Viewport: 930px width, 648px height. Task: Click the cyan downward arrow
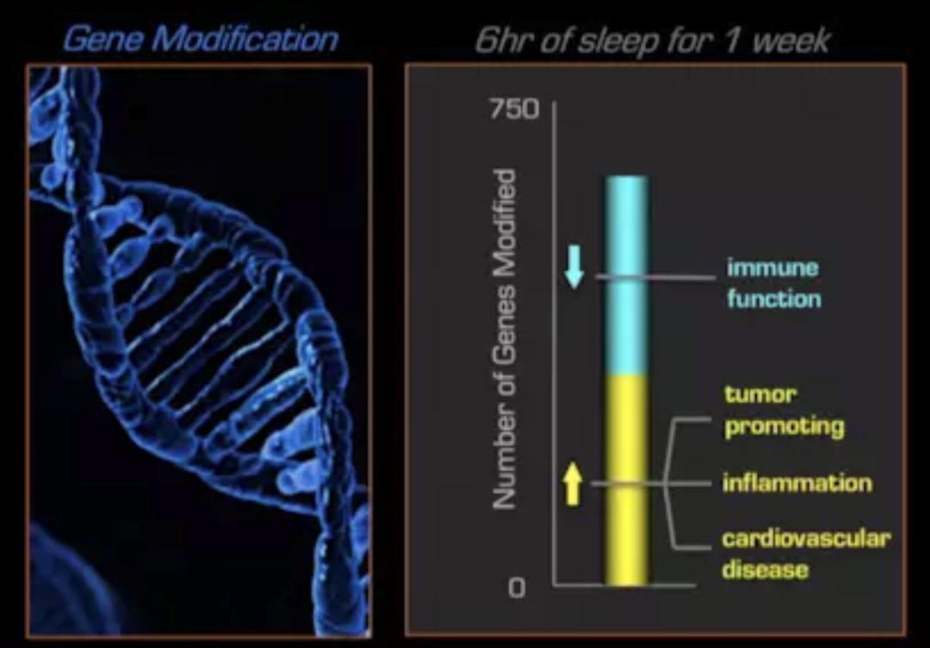click(574, 267)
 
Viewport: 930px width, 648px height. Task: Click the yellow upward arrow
click(573, 483)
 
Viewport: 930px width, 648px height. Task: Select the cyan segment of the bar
click(626, 275)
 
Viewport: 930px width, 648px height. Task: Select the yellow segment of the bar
click(626, 480)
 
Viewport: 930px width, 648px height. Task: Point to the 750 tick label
click(514, 109)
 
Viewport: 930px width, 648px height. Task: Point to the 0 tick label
click(517, 588)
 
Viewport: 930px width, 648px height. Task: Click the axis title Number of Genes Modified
click(504, 339)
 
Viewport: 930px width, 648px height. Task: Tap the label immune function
click(774, 283)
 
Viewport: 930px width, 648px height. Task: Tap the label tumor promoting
click(784, 410)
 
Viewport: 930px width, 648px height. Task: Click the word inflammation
click(797, 483)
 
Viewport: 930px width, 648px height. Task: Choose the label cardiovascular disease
click(806, 553)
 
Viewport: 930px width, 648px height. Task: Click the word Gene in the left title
click(103, 39)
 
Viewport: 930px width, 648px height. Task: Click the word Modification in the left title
click(245, 39)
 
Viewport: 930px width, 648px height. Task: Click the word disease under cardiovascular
click(766, 569)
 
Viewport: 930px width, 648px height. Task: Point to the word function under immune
click(774, 299)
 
